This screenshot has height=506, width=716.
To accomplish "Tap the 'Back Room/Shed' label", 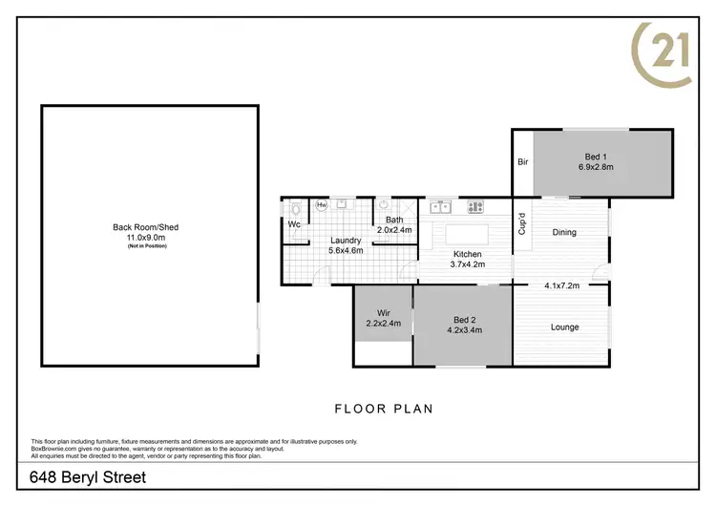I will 146,227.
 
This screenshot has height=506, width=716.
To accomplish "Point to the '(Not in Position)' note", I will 146,246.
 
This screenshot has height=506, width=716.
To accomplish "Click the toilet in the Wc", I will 296,207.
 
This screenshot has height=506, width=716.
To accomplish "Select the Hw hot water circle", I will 322,204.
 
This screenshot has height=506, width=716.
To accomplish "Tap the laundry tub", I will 342,204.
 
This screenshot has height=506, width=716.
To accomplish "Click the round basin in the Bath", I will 384,204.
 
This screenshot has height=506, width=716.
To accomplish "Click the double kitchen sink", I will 441,205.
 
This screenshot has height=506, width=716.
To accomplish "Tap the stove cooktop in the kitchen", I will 474,205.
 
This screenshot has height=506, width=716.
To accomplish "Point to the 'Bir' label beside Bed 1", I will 522,162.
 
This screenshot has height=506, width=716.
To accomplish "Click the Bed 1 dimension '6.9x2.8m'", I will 595,166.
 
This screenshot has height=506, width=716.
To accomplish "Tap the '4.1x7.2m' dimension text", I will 563,285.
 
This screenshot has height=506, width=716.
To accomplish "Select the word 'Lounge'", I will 564,327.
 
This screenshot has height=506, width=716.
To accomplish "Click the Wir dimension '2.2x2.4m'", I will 382,324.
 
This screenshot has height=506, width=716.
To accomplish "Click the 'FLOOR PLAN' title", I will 383,409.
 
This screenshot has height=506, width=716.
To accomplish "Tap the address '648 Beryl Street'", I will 88,477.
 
